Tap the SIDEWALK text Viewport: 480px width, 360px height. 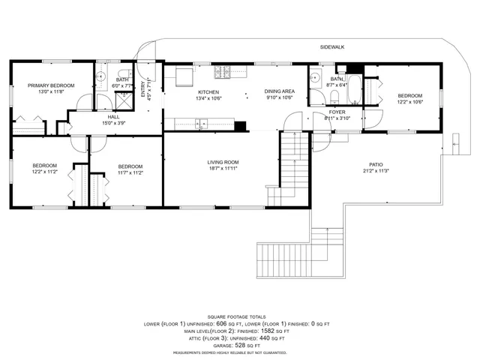(331, 46)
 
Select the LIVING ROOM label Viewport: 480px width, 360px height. (223, 162)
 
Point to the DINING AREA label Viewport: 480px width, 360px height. (279, 91)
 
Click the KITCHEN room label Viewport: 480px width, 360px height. (208, 91)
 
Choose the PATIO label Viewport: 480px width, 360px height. (376, 164)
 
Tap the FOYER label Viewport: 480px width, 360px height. (337, 112)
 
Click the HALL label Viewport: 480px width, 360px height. (113, 117)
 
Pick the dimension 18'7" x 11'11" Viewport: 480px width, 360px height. (223, 169)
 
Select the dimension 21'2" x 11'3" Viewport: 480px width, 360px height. (376, 171)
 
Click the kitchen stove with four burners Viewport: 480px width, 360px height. (222, 73)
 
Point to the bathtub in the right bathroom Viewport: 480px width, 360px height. (355, 90)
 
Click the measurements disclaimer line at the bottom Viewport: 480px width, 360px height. (239, 351)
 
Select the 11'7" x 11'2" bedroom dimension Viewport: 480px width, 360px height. (130, 172)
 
